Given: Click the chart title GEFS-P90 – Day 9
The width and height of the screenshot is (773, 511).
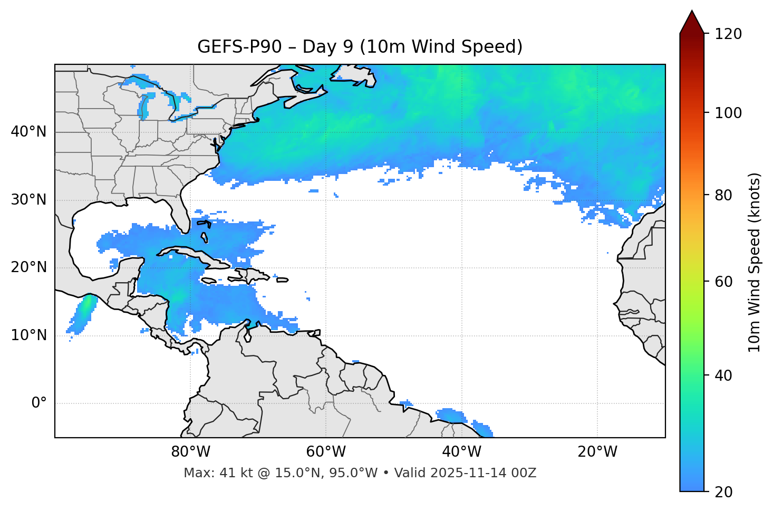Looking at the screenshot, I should [360, 47].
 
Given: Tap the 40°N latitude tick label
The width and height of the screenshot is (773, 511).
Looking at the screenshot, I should [28, 132].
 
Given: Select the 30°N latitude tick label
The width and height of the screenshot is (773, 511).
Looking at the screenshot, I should [28, 200].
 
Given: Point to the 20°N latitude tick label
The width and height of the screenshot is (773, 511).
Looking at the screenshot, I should [28, 267].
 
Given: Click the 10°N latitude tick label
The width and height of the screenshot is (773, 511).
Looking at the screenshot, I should [28, 335].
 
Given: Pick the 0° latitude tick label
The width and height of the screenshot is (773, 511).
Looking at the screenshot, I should [39, 403].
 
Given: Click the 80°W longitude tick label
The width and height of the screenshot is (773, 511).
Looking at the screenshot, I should [190, 452].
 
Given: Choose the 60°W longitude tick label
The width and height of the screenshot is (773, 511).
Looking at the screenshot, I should [326, 452].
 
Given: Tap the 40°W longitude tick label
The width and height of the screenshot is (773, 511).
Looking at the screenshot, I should [461, 452].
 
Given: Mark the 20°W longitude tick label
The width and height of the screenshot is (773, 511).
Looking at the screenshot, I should [597, 452].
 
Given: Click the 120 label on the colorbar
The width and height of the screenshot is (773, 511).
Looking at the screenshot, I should [728, 34].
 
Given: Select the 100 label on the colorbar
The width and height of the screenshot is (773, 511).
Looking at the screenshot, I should [728, 113].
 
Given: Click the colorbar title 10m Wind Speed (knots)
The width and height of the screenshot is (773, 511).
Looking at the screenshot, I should [755, 262].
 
